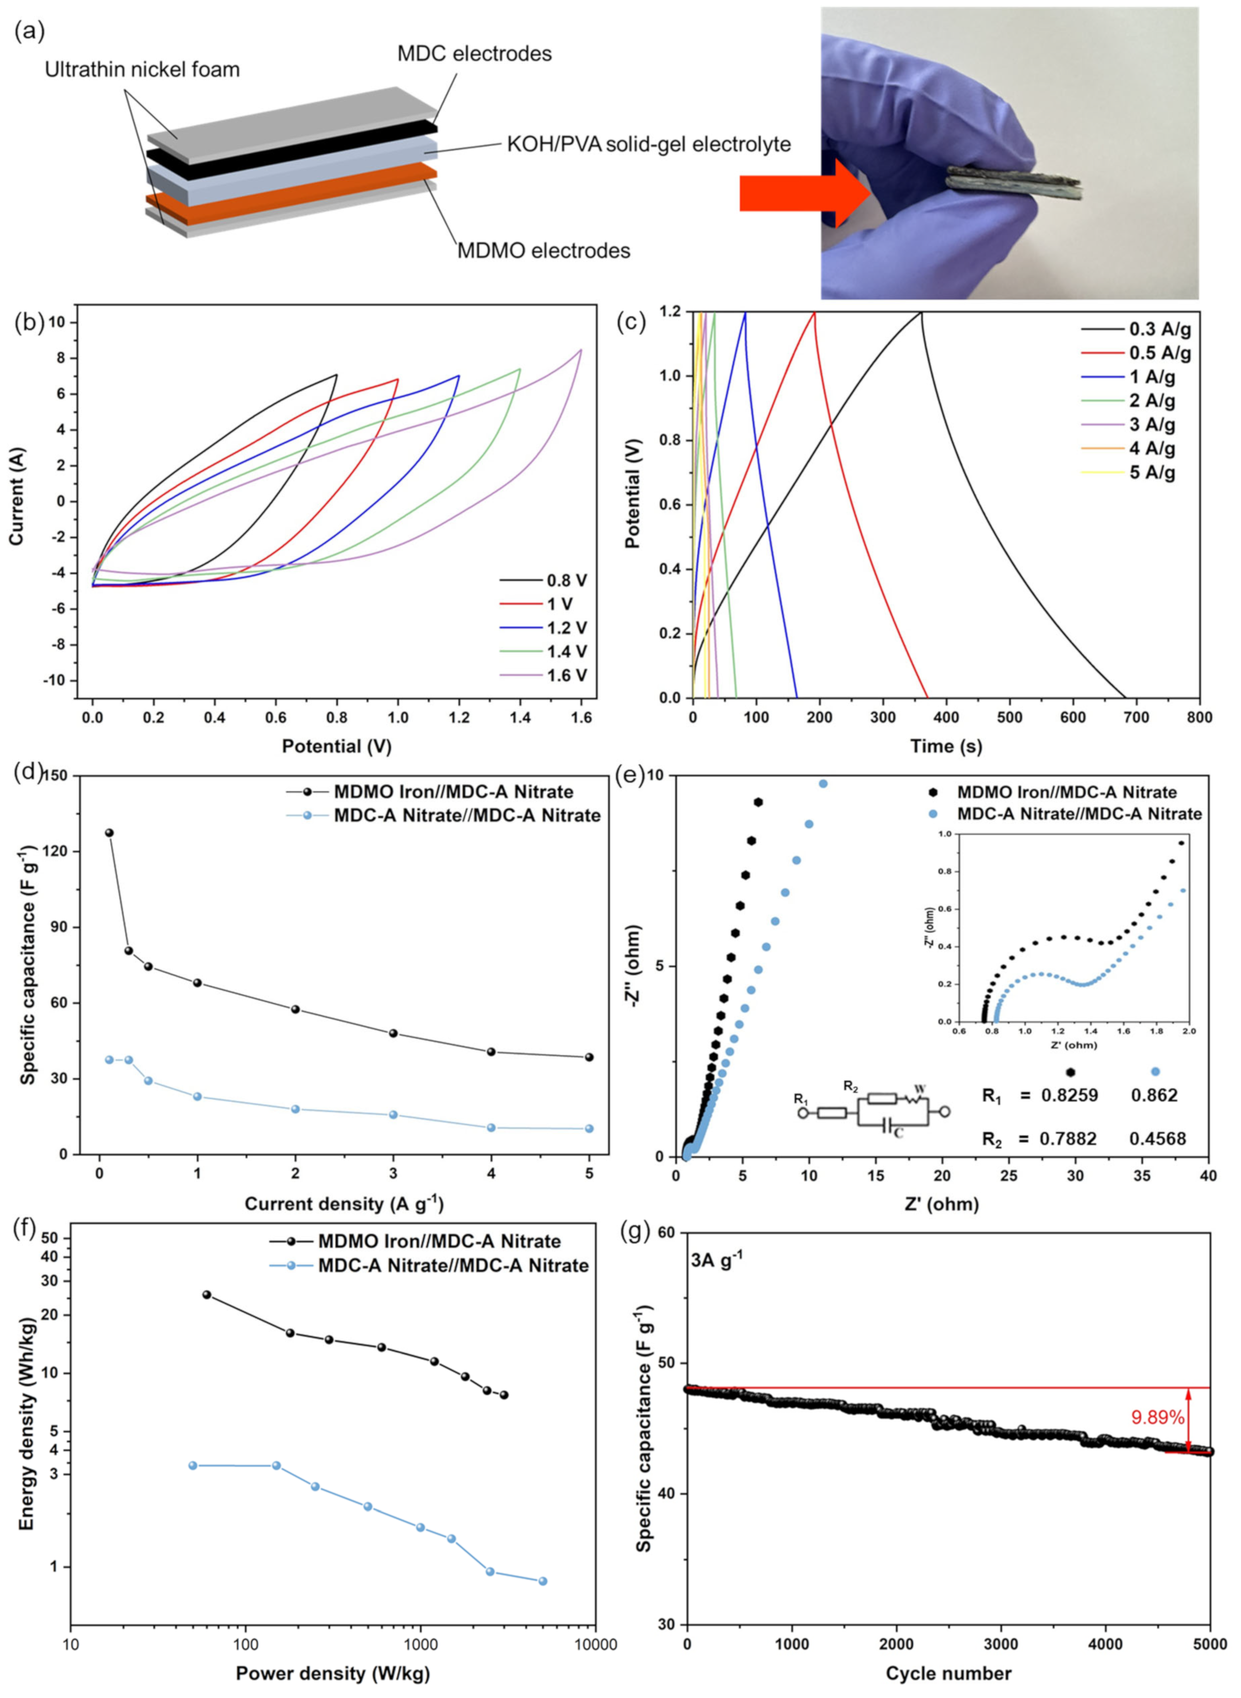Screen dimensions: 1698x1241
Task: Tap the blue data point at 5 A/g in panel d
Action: tap(589, 1129)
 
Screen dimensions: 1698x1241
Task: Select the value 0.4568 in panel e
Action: tap(1157, 1139)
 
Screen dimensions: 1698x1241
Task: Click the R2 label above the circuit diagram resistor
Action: tap(850, 1086)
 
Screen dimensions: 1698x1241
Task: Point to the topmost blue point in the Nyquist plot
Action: tap(823, 784)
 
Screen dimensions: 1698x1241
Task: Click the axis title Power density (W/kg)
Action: tap(333, 1673)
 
